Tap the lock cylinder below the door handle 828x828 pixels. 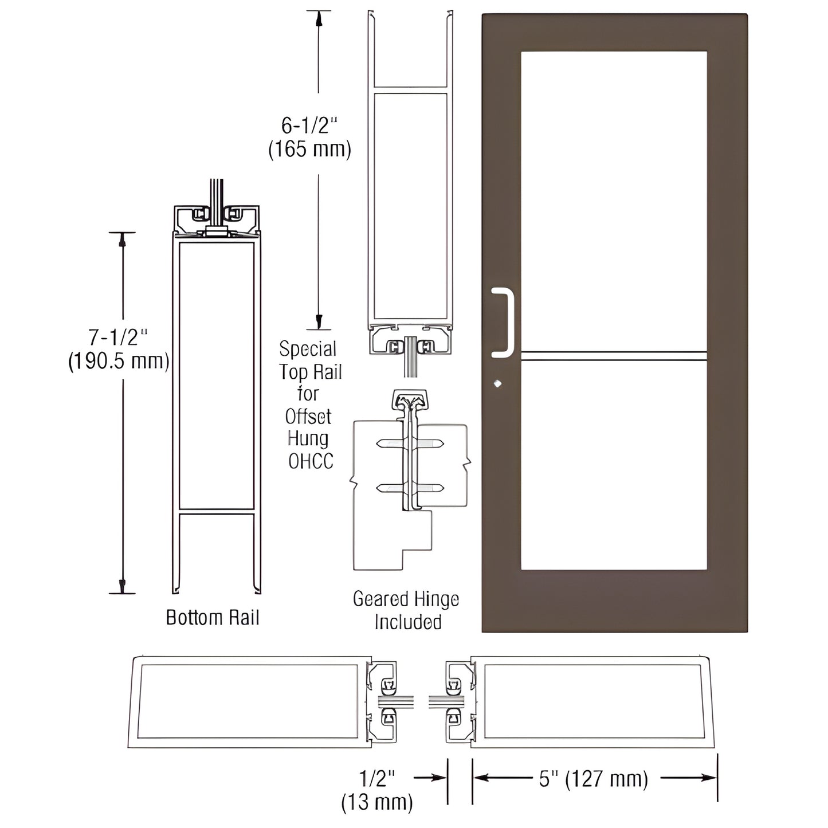497,383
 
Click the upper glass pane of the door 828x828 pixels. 613,201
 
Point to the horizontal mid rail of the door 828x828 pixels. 613,356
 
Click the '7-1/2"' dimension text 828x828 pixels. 119,337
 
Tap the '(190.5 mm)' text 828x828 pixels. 119,362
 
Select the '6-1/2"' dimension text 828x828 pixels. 309,124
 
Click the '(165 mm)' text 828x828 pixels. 309,149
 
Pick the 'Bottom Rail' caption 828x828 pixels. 213,618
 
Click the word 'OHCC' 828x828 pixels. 311,461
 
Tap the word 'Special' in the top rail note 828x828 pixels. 308,349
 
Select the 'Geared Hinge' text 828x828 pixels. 406,599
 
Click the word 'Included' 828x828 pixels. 407,622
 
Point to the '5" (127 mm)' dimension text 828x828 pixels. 593,779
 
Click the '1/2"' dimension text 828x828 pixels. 377,778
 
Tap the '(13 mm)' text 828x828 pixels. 377,802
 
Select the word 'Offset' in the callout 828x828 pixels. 308,417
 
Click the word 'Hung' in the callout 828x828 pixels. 308,439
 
